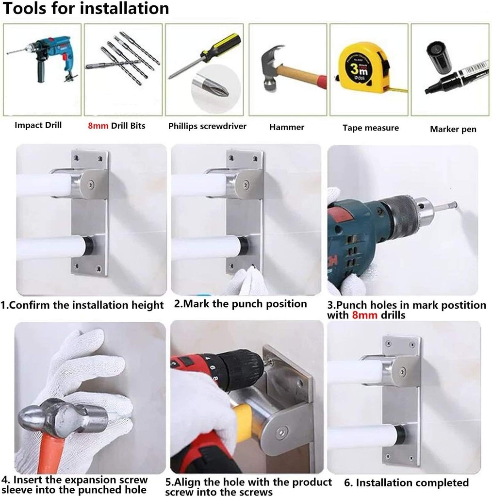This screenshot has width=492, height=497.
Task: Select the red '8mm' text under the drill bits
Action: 98,126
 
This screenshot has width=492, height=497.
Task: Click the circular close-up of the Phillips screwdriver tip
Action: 215,90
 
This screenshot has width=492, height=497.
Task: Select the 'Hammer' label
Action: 286,127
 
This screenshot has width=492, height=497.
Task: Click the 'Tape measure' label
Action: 371,128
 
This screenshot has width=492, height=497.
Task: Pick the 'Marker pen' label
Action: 453,129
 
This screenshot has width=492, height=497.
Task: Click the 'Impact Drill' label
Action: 38,125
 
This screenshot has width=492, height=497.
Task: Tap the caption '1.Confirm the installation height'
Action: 82,305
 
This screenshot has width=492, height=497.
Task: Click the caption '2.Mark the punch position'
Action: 241,304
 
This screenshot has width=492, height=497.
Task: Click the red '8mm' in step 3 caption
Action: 363,315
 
